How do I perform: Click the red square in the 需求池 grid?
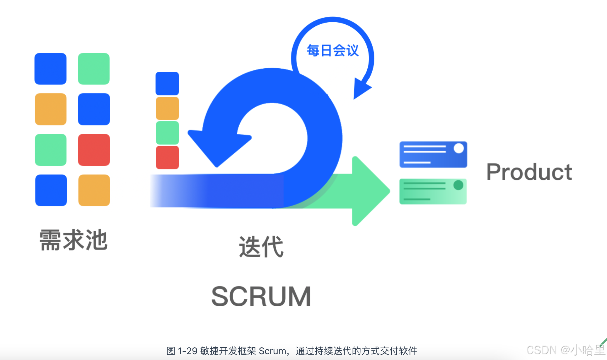[x=94, y=150]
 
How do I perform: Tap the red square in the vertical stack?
[x=167, y=157]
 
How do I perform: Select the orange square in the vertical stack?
[x=167, y=108]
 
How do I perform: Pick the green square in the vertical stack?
[x=167, y=133]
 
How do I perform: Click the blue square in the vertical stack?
[x=167, y=84]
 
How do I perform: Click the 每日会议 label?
[x=333, y=50]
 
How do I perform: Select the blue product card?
[x=433, y=154]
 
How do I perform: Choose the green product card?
[x=433, y=191]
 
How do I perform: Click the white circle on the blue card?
[x=459, y=148]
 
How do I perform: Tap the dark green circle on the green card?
[x=458, y=185]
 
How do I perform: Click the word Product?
[x=529, y=172]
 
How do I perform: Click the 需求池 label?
[x=74, y=240]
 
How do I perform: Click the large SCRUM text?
[x=261, y=296]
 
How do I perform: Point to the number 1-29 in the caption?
[x=187, y=351]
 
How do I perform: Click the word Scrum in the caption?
[x=272, y=351]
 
